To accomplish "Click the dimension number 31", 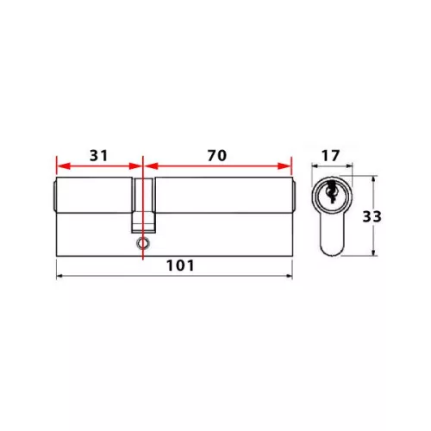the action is tap(98, 155).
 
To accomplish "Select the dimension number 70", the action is tap(217, 155).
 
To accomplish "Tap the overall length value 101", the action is tap(180, 265).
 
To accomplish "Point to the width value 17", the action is tap(330, 156).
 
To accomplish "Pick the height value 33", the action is tap(372, 217).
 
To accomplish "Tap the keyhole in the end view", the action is tap(332, 191).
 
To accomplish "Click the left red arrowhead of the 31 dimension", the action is tap(63, 166).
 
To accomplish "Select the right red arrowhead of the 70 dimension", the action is tap(284, 166).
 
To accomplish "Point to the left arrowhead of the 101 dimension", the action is tap(59, 276).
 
